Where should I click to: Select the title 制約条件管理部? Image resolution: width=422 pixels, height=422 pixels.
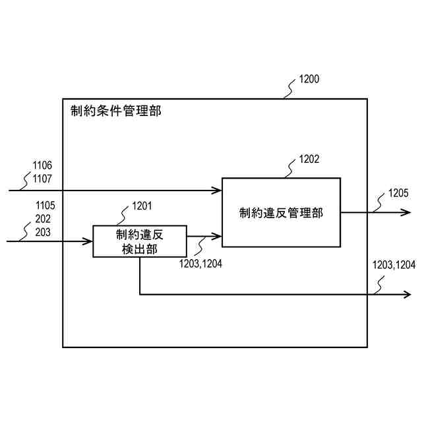click(x=115, y=110)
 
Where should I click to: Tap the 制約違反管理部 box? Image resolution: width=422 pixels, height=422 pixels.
click(x=281, y=212)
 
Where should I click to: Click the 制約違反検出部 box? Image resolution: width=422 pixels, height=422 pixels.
click(x=140, y=241)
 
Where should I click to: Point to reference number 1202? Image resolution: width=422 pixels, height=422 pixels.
click(x=309, y=159)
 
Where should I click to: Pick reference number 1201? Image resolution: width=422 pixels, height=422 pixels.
click(x=142, y=206)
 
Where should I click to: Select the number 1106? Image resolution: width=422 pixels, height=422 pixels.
click(x=42, y=165)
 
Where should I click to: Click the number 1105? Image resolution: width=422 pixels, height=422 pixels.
click(x=45, y=206)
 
